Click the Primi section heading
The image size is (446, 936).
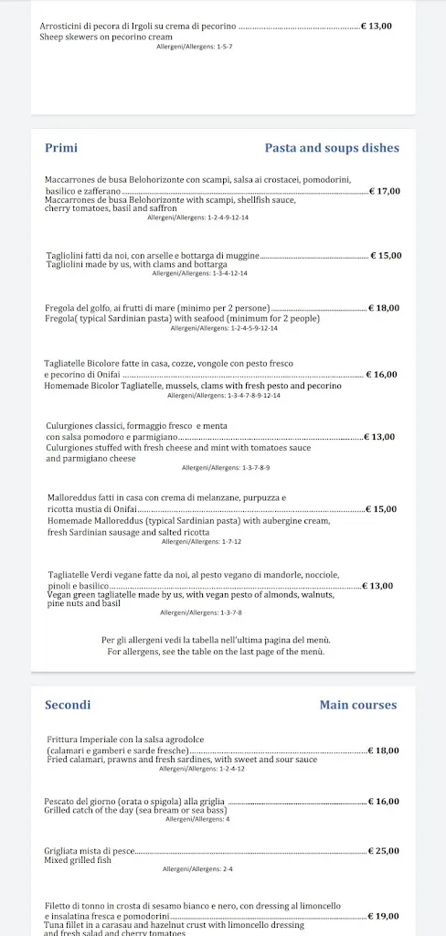(x=61, y=147)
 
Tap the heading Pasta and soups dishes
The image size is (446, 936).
(x=331, y=147)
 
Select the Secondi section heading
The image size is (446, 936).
(x=68, y=705)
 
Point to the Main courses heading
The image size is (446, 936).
(x=358, y=705)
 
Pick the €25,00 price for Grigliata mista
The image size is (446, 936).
(x=384, y=851)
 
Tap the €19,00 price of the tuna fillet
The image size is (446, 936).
(x=384, y=915)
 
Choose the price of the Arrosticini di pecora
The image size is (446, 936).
(x=377, y=27)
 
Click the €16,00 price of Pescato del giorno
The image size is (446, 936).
(x=384, y=802)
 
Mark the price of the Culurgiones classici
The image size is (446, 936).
(x=379, y=437)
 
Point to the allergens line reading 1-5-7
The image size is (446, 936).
(x=195, y=46)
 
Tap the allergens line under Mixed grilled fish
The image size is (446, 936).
(x=197, y=869)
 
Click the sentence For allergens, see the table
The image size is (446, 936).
(x=216, y=652)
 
